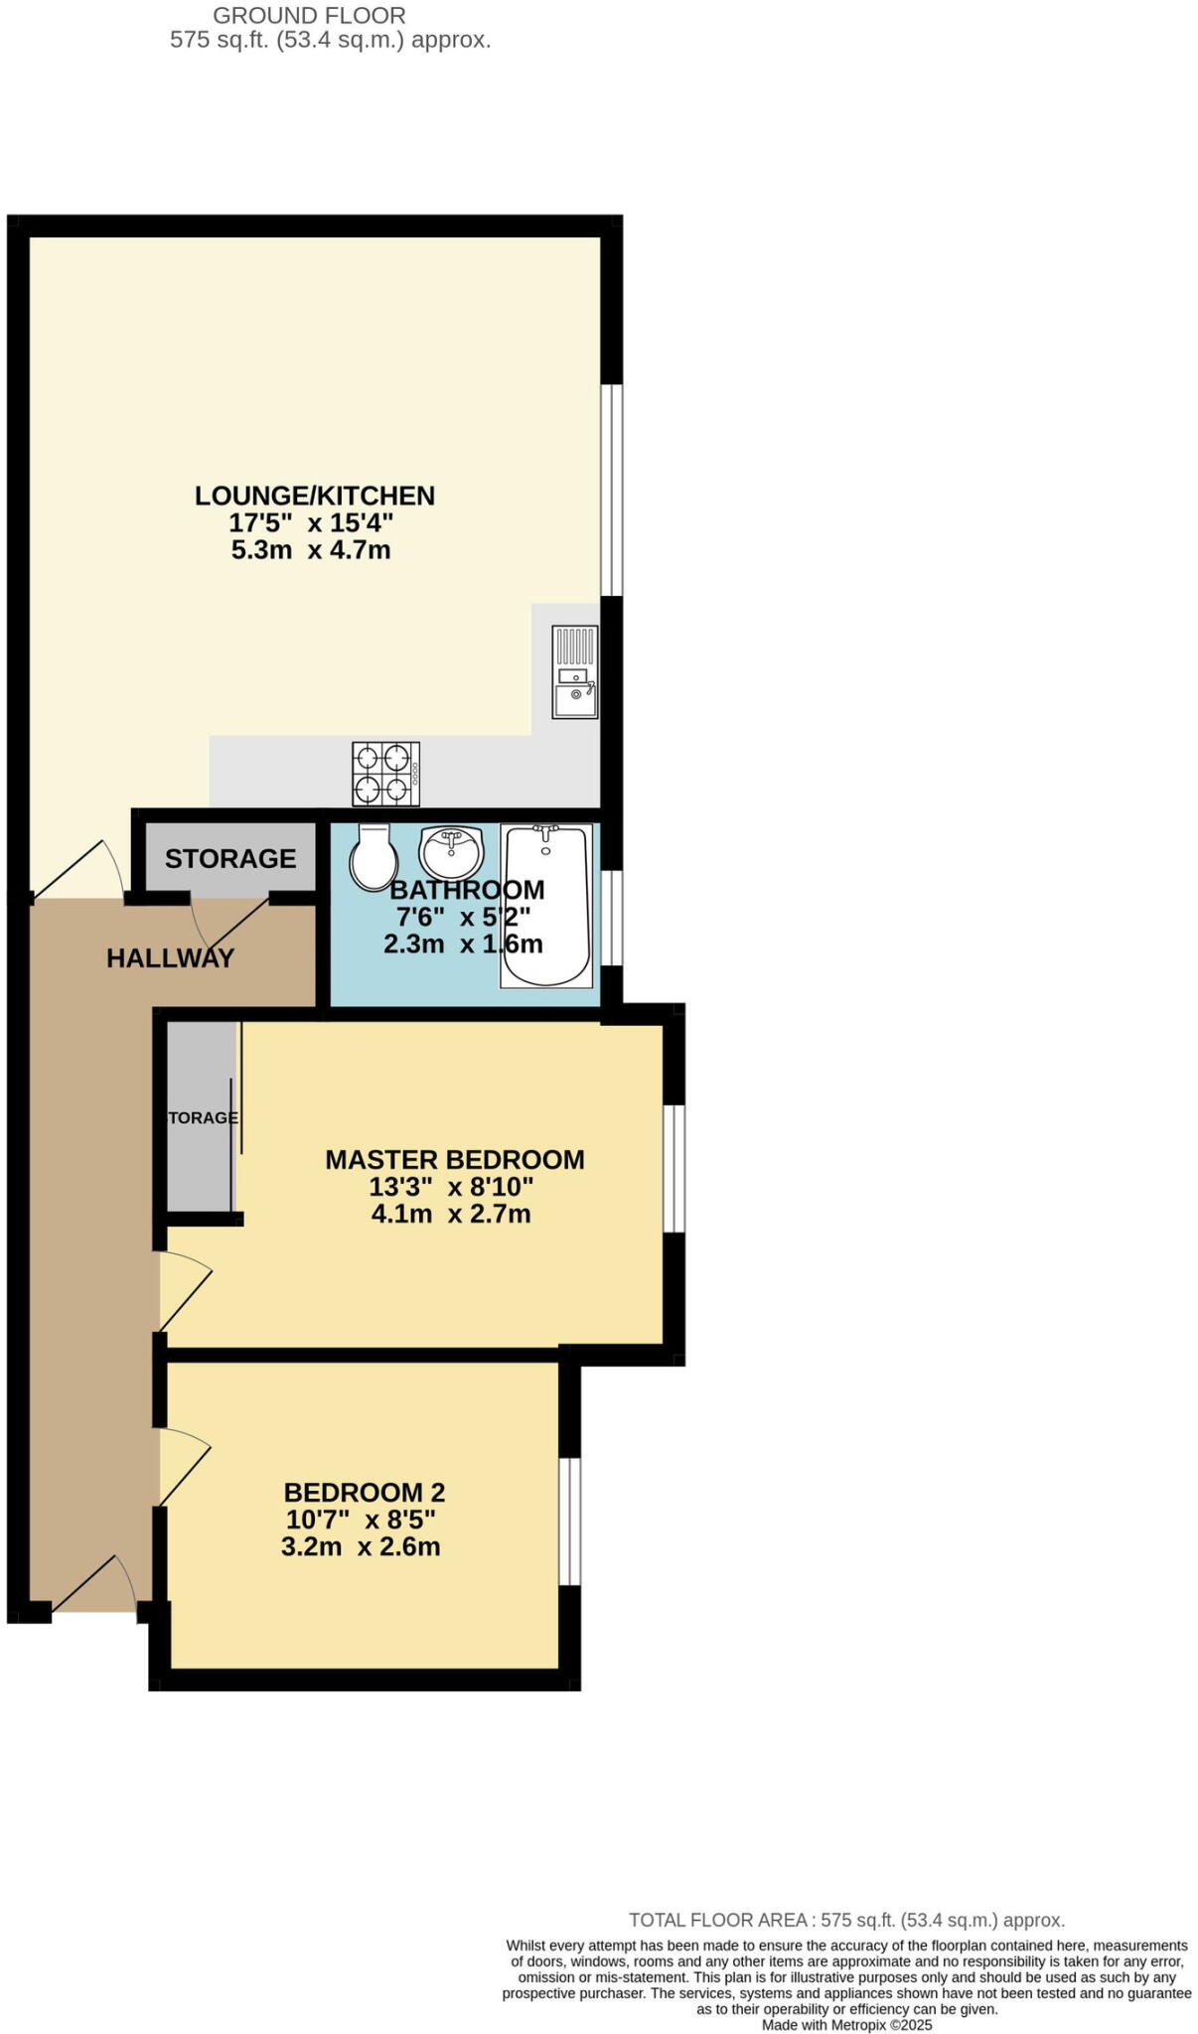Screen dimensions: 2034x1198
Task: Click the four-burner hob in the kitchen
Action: tap(385, 774)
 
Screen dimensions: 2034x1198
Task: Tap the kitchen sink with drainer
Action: tap(575, 671)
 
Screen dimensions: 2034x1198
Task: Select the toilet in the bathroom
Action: tap(373, 856)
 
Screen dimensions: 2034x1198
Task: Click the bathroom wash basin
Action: tap(451, 852)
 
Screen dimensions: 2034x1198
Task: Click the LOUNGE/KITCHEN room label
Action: tap(315, 495)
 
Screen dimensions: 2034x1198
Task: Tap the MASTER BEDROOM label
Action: tap(455, 1159)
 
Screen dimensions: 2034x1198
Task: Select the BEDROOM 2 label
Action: tap(365, 1492)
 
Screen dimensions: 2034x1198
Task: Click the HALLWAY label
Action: tap(171, 958)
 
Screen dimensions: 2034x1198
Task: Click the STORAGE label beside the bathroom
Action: tap(230, 858)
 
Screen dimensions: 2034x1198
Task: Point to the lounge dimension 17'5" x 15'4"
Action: tap(312, 522)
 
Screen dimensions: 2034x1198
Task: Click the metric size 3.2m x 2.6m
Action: tap(361, 1546)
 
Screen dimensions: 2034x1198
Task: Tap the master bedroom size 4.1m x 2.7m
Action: tap(452, 1214)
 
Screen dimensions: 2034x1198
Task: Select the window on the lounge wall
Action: tap(613, 490)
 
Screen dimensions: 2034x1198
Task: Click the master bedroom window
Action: tap(674, 1168)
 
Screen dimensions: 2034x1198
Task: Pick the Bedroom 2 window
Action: tap(569, 1522)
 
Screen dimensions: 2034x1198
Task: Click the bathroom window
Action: tap(613, 917)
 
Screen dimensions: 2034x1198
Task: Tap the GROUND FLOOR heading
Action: tap(310, 16)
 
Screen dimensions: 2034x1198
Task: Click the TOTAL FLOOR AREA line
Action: tap(846, 1921)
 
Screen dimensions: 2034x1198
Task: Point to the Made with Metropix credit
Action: tap(846, 2025)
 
